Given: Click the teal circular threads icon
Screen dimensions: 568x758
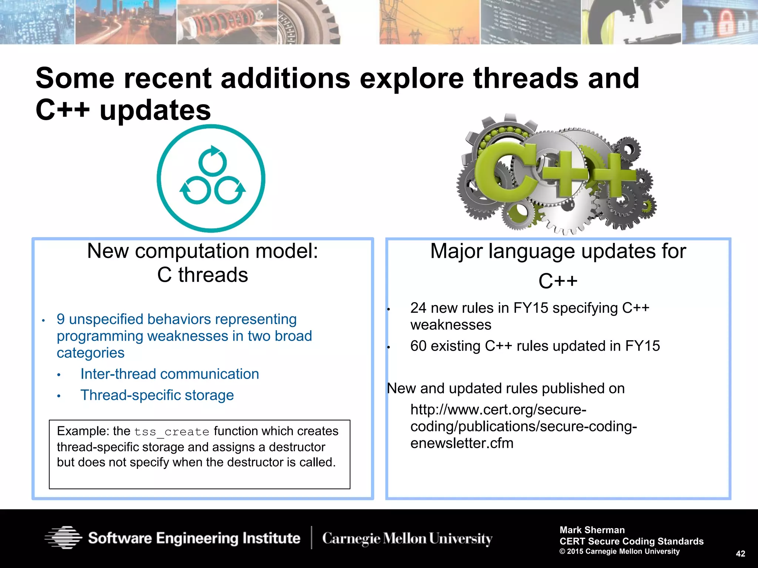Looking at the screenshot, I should coord(211,178).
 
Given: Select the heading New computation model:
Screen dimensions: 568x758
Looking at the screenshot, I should coord(202,251).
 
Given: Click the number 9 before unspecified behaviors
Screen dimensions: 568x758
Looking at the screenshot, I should coord(61,319).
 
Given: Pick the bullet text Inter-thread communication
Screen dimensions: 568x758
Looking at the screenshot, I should coord(170,374).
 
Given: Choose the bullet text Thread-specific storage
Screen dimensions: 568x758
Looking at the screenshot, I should coord(157,395).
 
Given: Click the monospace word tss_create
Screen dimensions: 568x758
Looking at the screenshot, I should coord(172,432).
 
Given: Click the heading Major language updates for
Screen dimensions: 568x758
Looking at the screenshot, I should coord(558,251).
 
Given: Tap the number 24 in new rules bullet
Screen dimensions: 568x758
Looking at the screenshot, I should coord(418,308).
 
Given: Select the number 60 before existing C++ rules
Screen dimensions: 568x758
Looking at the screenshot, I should coord(418,346).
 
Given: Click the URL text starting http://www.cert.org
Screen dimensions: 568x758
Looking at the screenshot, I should coord(498,410).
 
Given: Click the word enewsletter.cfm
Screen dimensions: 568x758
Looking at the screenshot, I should coord(462,443).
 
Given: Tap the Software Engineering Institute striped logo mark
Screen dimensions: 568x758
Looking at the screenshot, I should coord(63,537).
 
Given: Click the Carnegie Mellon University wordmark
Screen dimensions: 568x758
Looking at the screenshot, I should coord(407,538).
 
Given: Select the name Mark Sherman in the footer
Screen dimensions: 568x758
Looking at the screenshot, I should coord(592,530).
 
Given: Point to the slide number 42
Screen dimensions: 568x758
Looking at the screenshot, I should coord(740,554).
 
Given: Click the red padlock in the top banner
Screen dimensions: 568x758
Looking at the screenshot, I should coord(728,23).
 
